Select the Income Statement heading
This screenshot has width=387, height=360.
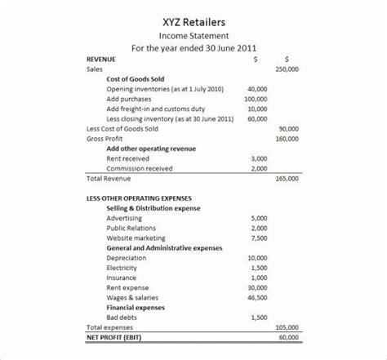[x=193, y=36]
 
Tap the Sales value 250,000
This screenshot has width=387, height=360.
[x=287, y=69]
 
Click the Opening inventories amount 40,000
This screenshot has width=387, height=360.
[x=256, y=88]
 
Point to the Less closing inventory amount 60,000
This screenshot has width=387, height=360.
[x=256, y=118]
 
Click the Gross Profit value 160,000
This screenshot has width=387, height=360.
[x=287, y=139]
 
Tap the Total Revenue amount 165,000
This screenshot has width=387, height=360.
[x=287, y=178]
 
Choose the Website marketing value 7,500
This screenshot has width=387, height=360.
[x=259, y=238]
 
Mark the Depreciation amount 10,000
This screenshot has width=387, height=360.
[x=256, y=258]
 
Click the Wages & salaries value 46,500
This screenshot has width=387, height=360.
[x=256, y=297]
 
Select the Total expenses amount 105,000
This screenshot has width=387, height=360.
[x=287, y=327]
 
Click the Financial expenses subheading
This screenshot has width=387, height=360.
[x=136, y=307]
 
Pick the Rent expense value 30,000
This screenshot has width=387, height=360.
[x=256, y=287]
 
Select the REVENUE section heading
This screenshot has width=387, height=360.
[x=101, y=60]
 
